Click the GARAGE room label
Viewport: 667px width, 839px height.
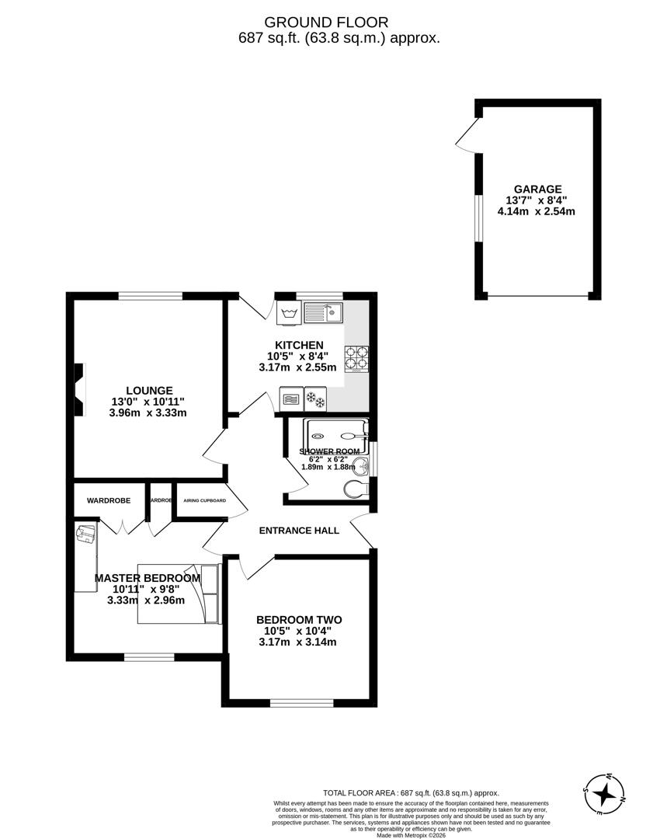click(x=537, y=189)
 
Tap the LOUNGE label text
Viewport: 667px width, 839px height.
click(x=150, y=391)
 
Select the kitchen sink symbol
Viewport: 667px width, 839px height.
click(x=325, y=313)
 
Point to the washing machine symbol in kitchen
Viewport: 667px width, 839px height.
click(x=289, y=313)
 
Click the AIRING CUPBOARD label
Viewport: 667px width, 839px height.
click(x=204, y=500)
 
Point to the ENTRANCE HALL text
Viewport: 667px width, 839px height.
click(x=299, y=531)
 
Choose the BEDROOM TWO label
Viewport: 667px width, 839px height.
click(x=299, y=620)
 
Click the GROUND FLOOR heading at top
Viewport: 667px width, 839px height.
click(x=326, y=23)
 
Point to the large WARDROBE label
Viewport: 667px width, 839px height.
click(x=109, y=500)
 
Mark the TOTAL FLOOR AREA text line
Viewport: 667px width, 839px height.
click(x=412, y=785)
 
